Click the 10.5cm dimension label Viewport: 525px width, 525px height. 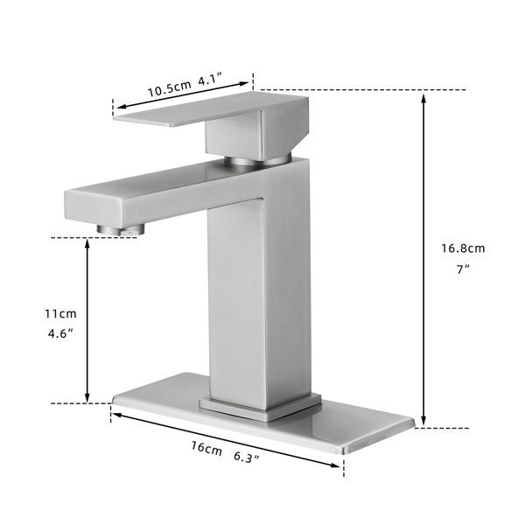pos(170,88)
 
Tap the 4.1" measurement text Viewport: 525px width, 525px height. pos(211,80)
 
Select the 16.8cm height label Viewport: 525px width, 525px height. pos(463,248)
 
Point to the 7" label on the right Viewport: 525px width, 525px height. pos(464,269)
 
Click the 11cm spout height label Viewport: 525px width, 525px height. pos(60,314)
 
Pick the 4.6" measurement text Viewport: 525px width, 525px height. pos(60,334)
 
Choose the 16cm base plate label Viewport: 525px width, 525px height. pos(206,448)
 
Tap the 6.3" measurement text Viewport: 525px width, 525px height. pos(247,457)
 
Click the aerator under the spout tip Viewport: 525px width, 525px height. pos(121,229)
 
